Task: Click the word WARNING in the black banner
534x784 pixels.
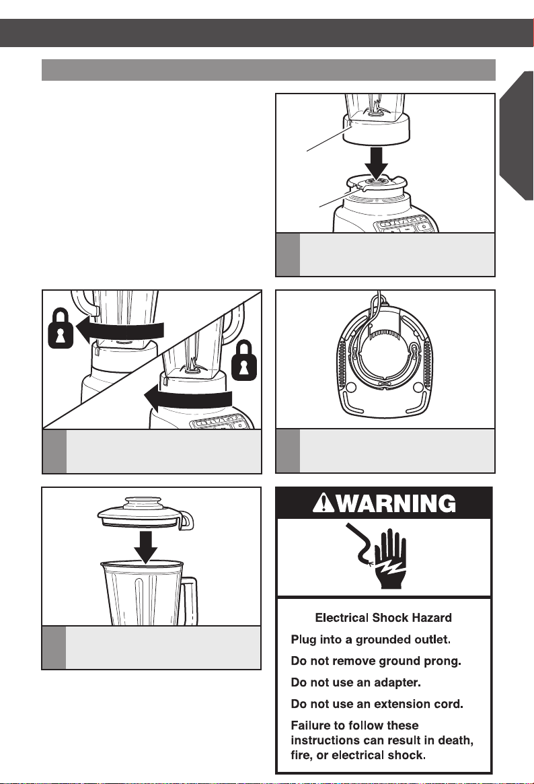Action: pos(397,503)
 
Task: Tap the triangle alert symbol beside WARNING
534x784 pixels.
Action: pos(323,503)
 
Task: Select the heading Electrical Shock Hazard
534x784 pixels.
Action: pos(383,618)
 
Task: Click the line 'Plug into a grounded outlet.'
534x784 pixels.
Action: pos(371,639)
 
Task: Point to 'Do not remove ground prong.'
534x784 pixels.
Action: pos(376,661)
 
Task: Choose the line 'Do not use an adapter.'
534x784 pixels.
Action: pos(356,682)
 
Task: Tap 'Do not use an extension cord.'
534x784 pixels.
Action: pos(377,704)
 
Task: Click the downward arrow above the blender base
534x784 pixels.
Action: pos(376,163)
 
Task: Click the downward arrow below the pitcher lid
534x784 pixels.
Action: pos(145,548)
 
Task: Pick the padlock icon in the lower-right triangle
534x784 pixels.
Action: pos(245,360)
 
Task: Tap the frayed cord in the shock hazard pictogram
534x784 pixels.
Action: pos(359,544)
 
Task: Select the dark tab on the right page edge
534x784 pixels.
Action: pos(517,135)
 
